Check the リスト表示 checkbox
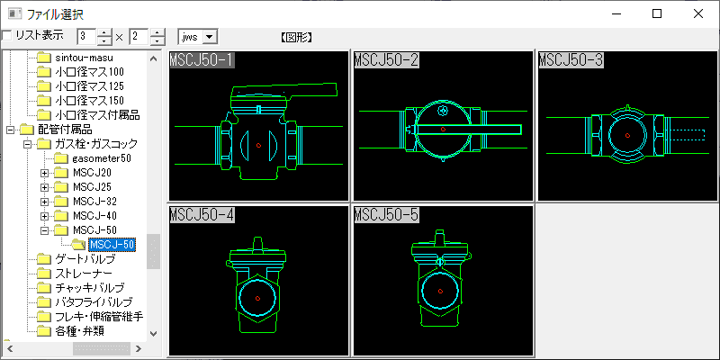(x=7, y=36)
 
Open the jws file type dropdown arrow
(x=210, y=37)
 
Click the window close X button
(x=698, y=13)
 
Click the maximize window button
(x=657, y=13)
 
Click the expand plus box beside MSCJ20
(x=44, y=173)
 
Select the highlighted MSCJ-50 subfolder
(x=112, y=244)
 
